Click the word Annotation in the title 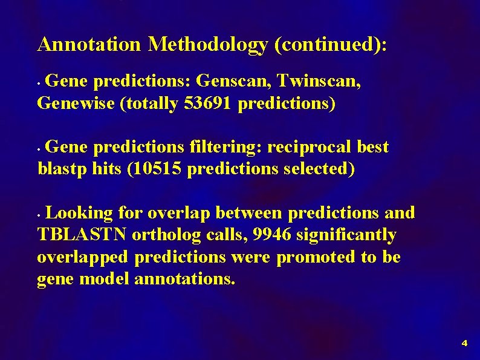[89, 44]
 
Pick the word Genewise [76, 104]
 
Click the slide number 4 [464, 344]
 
